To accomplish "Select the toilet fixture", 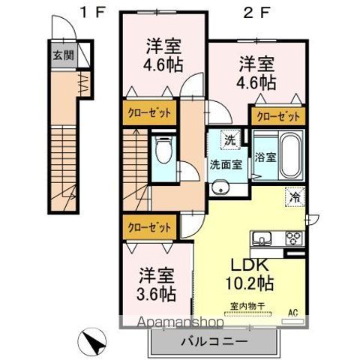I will [x=162, y=151].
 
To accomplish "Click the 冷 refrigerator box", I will [x=295, y=199].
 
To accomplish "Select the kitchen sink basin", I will [x=263, y=240].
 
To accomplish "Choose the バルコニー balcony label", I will [x=214, y=342].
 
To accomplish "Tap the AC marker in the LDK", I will [x=294, y=314].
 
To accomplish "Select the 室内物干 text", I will [x=251, y=305].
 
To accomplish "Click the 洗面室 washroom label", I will [x=226, y=165].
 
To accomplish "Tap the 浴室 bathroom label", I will [x=265, y=158].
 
